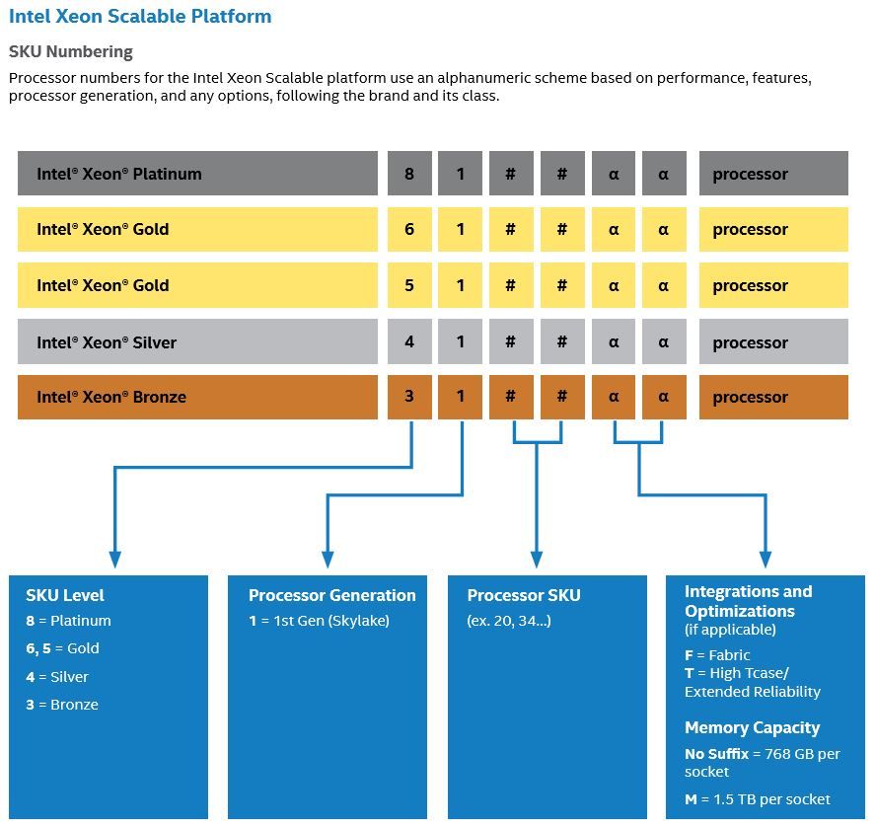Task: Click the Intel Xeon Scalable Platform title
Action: pyautogui.click(x=140, y=16)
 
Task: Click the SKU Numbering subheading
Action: pyautogui.click(x=71, y=51)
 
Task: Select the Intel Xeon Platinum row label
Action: pyautogui.click(x=119, y=174)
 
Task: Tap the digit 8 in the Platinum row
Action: pyautogui.click(x=409, y=174)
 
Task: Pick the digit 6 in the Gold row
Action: pyautogui.click(x=409, y=229)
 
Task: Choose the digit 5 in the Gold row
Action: pyautogui.click(x=409, y=285)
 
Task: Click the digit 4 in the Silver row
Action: pyautogui.click(x=409, y=341)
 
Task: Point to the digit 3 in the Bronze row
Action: pyautogui.click(x=409, y=397)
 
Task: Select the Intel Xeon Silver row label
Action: pyautogui.click(x=107, y=342)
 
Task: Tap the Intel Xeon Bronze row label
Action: pyautogui.click(x=111, y=397)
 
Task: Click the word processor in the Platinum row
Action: pyautogui.click(x=751, y=175)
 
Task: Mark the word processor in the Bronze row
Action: pyautogui.click(x=751, y=398)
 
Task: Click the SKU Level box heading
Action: pyautogui.click(x=65, y=595)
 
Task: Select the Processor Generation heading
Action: pyautogui.click(x=332, y=595)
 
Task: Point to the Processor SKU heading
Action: pyautogui.click(x=524, y=595)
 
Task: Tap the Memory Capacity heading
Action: pyautogui.click(x=753, y=727)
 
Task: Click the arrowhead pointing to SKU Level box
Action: pyautogui.click(x=115, y=560)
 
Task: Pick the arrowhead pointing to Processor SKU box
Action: pyautogui.click(x=537, y=560)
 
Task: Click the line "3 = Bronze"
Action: pyautogui.click(x=62, y=705)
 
